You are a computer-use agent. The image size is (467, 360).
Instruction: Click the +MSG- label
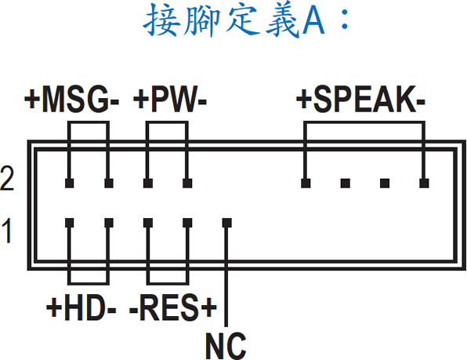pos(72,100)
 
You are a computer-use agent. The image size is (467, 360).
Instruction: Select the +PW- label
pos(170,100)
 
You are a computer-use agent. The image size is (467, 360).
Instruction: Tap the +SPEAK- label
pos(360,100)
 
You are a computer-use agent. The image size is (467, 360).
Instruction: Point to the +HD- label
pos(81,307)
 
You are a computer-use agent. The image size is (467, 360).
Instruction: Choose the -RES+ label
pos(173,307)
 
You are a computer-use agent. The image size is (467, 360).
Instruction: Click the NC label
pos(226,346)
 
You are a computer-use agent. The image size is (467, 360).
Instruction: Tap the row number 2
pos(7,179)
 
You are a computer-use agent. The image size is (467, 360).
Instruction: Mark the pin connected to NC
pos(227,223)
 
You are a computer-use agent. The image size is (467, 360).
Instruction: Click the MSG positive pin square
pos(70,184)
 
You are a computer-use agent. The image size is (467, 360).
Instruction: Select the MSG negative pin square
pos(109,184)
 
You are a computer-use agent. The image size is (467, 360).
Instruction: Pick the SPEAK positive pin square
pos(306,184)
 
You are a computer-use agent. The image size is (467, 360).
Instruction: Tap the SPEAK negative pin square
pos(424,184)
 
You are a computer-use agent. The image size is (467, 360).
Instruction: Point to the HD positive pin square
pos(70,223)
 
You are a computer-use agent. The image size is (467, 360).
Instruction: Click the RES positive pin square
pos(187,223)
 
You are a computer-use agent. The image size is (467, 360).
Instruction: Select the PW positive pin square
pos(148,184)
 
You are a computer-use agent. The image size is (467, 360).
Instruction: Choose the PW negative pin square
pos(187,184)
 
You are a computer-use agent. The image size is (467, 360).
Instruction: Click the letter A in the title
pos(313,21)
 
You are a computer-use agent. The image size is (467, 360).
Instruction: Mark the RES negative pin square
pos(148,223)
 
